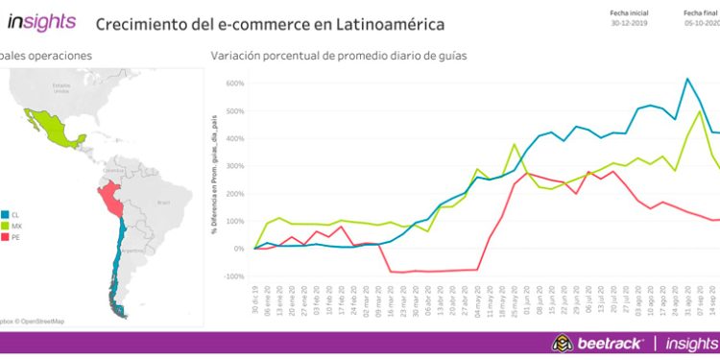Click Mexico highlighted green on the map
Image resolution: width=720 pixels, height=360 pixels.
pyautogui.click(x=47, y=128)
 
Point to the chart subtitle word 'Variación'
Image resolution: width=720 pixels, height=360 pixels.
pyautogui.click(x=235, y=56)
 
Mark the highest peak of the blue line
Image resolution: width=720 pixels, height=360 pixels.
pyautogui.click(x=687, y=79)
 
